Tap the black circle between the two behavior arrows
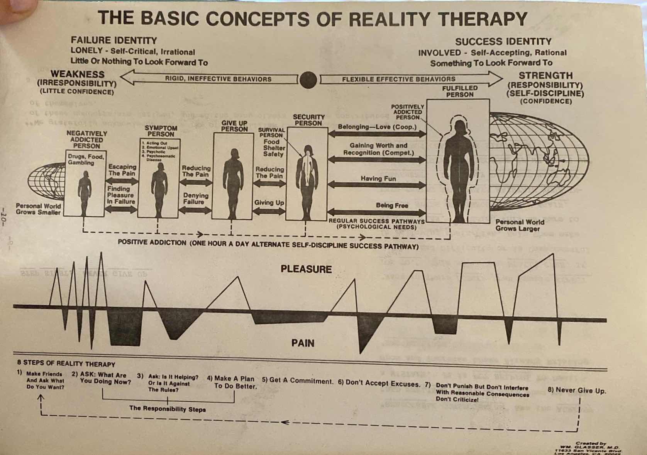point(308,80)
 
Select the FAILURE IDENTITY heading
point(113,41)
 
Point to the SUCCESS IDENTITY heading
point(503,42)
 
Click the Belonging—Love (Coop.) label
point(377,127)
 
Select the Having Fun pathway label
point(378,178)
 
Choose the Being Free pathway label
point(391,205)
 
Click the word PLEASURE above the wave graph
point(306,269)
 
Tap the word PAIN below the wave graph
point(303,343)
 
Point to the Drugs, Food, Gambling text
point(85,160)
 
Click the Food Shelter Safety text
point(274,148)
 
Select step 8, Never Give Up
point(577,390)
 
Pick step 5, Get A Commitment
point(297,380)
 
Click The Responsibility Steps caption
point(167,409)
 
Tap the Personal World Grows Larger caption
point(520,225)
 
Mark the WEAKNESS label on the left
point(77,74)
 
